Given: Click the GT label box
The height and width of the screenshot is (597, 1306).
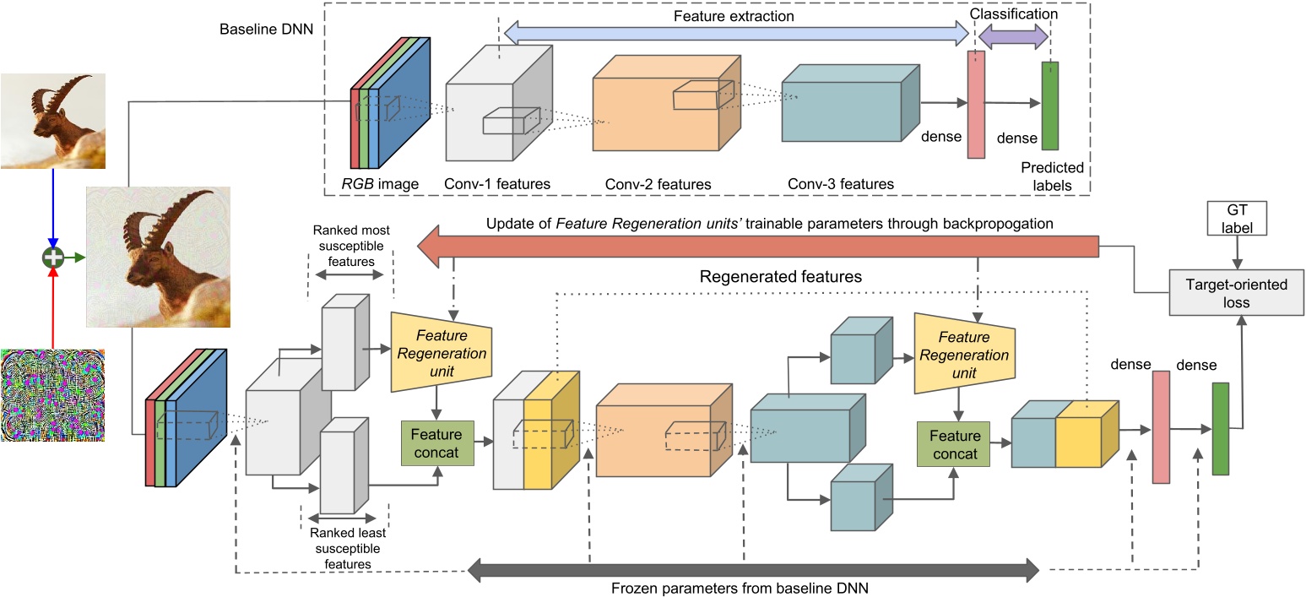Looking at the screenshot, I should [x=1238, y=220].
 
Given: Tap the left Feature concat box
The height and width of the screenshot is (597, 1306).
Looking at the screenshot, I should [x=436, y=443].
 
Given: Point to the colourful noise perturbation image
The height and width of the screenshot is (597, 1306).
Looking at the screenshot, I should [x=52, y=396].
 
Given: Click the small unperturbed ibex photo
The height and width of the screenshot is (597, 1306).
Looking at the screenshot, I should [x=52, y=121].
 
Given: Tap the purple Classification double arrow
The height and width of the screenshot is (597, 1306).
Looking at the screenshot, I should [x=1012, y=36].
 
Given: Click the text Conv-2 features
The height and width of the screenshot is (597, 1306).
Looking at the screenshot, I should [x=658, y=184].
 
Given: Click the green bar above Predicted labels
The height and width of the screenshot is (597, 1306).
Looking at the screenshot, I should [x=1050, y=106].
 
